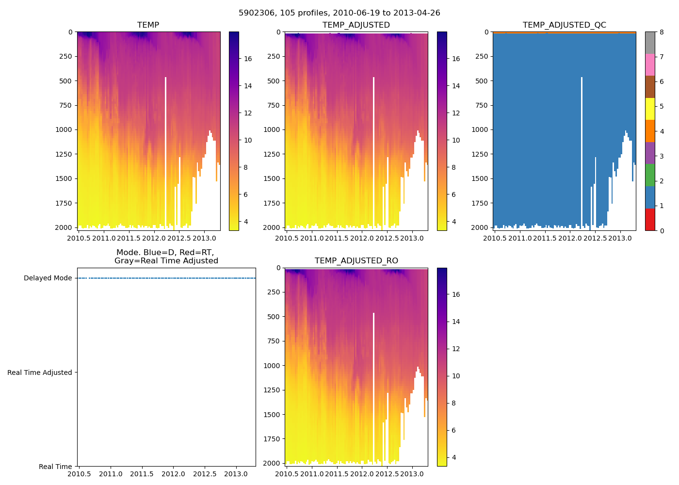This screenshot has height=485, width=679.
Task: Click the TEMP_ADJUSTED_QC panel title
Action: click(x=564, y=25)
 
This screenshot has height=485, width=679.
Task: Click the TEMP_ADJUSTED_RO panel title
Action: click(x=356, y=261)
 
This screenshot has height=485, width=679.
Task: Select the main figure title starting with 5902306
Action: click(x=339, y=13)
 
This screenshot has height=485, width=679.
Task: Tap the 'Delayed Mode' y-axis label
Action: click(x=48, y=278)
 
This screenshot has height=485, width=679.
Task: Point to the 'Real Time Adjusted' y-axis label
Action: click(x=40, y=372)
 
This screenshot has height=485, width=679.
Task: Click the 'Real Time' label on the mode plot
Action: click(x=55, y=467)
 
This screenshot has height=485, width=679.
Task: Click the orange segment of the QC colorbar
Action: click(x=650, y=131)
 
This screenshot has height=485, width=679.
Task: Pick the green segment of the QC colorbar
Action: click(x=650, y=175)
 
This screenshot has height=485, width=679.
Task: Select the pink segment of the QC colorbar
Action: click(x=650, y=65)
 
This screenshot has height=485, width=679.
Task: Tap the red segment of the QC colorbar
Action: click(x=650, y=219)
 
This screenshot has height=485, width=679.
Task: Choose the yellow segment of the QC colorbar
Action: click(x=650, y=109)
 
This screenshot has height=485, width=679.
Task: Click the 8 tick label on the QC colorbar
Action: click(x=661, y=32)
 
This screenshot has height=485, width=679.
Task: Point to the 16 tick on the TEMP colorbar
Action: click(x=248, y=59)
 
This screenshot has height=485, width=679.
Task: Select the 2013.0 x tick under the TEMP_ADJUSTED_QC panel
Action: click(x=620, y=238)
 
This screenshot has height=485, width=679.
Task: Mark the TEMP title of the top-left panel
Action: click(x=148, y=25)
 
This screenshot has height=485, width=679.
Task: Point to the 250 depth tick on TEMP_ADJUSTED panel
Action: click(x=274, y=56)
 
